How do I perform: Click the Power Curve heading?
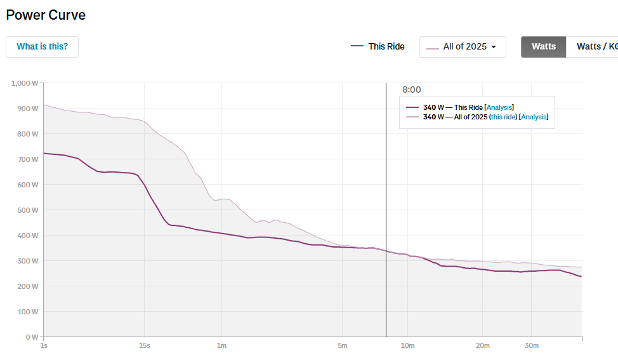(46, 15)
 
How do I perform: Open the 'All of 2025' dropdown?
(463, 47)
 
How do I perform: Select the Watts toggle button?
(543, 47)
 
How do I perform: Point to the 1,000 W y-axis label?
(25, 83)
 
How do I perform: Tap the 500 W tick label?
(28, 210)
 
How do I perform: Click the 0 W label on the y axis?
(31, 337)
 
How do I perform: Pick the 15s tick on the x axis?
(144, 346)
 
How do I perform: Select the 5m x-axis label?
(343, 346)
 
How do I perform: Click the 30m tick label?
(531, 346)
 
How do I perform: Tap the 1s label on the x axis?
(43, 346)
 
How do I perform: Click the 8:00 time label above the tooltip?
(411, 90)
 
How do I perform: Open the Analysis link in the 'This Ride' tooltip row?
(499, 108)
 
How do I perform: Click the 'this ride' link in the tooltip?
(503, 117)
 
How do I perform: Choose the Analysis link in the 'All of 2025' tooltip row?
(534, 117)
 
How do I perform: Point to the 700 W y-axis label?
(28, 159)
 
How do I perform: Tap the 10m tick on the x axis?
(407, 346)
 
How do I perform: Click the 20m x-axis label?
(482, 346)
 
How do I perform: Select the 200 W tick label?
(28, 286)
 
